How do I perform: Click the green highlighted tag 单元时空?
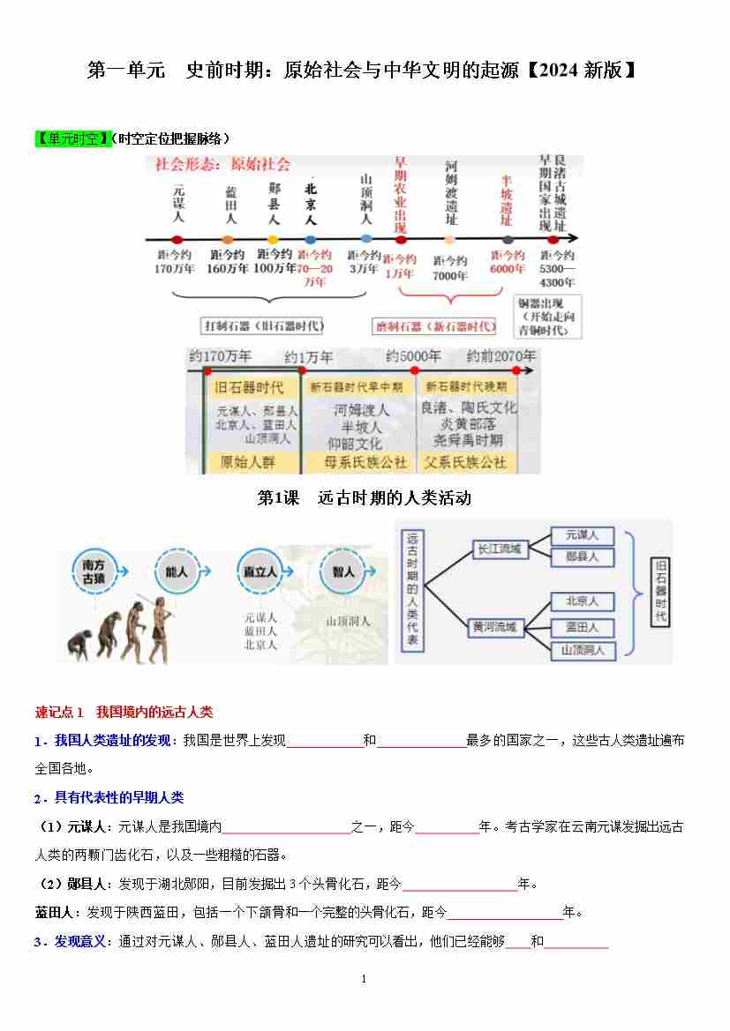(x=74, y=138)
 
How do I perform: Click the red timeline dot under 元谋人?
(x=177, y=239)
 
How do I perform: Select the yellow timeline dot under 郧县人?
(x=273, y=239)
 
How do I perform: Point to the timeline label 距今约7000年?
(x=450, y=268)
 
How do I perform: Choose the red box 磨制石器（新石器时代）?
(x=434, y=326)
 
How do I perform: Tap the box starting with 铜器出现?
(x=549, y=317)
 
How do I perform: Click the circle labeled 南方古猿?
(x=94, y=572)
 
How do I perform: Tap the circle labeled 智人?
(x=343, y=572)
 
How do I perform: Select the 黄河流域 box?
(x=494, y=628)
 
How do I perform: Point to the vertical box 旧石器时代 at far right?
(x=660, y=591)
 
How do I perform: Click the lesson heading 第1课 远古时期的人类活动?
(x=364, y=498)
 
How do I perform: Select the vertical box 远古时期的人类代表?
(x=412, y=590)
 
